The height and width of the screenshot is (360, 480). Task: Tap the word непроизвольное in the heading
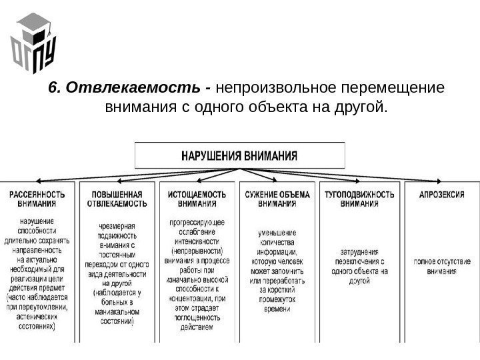277,89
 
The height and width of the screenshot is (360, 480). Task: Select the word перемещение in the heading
393,89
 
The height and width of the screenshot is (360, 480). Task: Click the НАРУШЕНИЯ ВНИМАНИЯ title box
241,155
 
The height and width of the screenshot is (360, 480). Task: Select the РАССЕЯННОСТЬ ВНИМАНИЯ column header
37,199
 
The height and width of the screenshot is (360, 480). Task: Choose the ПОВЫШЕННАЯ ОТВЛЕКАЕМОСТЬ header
117,199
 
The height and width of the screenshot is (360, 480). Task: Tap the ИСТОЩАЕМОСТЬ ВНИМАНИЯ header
197,199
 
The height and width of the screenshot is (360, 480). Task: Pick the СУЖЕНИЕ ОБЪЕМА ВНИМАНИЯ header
278,199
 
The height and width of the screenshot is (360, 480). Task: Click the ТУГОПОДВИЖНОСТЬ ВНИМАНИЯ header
359,199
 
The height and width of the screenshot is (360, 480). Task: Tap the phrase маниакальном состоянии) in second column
117,316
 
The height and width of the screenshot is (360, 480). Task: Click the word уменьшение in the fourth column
278,233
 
